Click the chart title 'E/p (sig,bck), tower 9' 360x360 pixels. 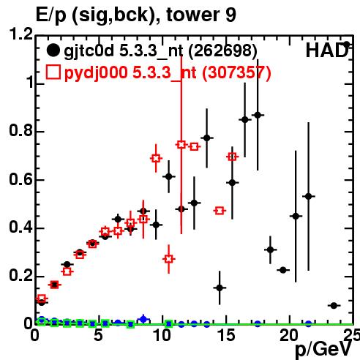coord(136,15)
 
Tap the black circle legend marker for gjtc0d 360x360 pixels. coord(53,50)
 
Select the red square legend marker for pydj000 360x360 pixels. coord(53,72)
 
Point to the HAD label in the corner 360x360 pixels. coord(327,50)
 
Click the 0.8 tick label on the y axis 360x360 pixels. coord(20,130)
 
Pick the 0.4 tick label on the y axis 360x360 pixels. coord(20,227)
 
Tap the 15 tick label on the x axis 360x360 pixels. coord(227,335)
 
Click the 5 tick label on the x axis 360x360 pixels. coord(98,335)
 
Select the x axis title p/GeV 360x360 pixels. coord(323,349)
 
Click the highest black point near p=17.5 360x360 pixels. coord(258,115)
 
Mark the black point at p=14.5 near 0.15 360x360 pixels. coord(220,288)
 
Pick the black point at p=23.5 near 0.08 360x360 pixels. coord(334,305)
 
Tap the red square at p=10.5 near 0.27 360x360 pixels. coord(168,259)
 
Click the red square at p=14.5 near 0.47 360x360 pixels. coord(220,211)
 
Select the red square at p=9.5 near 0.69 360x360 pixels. coord(156,158)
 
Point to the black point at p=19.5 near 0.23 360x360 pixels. coord(283,270)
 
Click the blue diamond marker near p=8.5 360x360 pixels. coord(143,319)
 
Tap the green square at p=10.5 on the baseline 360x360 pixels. coord(168,324)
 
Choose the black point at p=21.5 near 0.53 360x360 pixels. coord(309,196)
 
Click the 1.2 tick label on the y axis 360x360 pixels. coord(20,34)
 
